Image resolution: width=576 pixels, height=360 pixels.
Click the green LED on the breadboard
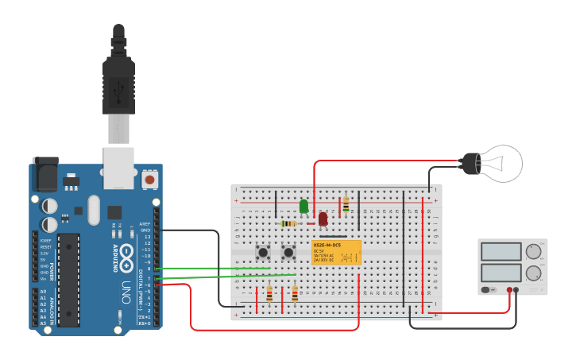303,206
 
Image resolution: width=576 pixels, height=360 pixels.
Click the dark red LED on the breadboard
323,219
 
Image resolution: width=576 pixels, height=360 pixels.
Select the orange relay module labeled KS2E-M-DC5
336,252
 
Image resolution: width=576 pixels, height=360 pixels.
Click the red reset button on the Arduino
149,180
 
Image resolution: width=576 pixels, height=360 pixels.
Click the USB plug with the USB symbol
118,83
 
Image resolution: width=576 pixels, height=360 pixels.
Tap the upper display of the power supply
501,252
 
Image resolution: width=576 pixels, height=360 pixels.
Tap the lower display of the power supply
501,273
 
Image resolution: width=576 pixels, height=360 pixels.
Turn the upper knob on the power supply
533,252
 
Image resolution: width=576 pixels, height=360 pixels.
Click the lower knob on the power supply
533,273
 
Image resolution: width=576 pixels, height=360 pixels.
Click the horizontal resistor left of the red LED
289,224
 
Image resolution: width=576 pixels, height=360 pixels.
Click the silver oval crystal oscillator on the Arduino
94,210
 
